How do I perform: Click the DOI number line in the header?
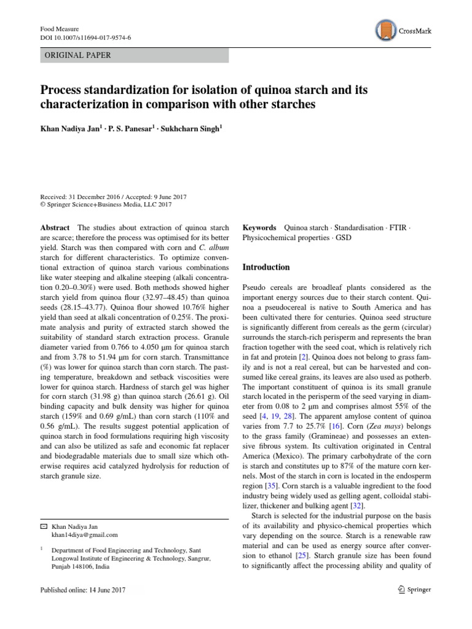(85, 37)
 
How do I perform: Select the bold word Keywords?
(259, 227)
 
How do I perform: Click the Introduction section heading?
(266, 267)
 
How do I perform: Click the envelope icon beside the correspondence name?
(43, 526)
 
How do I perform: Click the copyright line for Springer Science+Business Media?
(106, 205)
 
